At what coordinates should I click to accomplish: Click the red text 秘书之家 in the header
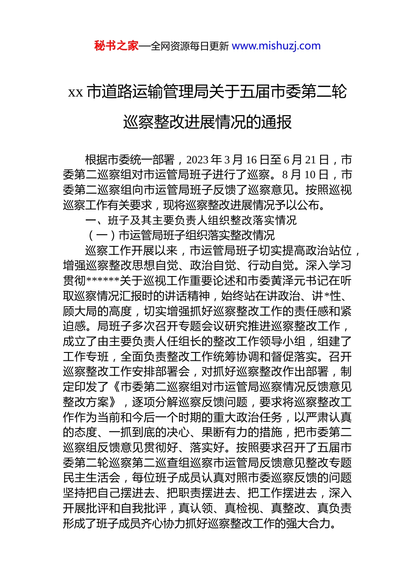116,46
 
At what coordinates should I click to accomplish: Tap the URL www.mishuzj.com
276,46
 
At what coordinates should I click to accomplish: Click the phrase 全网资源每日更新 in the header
190,46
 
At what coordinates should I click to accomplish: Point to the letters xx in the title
76,92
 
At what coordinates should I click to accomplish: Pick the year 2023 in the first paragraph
197,160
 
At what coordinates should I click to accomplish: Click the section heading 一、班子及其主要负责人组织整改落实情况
191,220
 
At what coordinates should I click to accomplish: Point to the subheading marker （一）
101,235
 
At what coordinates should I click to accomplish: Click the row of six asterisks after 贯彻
103,281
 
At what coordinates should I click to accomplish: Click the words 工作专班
86,357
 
